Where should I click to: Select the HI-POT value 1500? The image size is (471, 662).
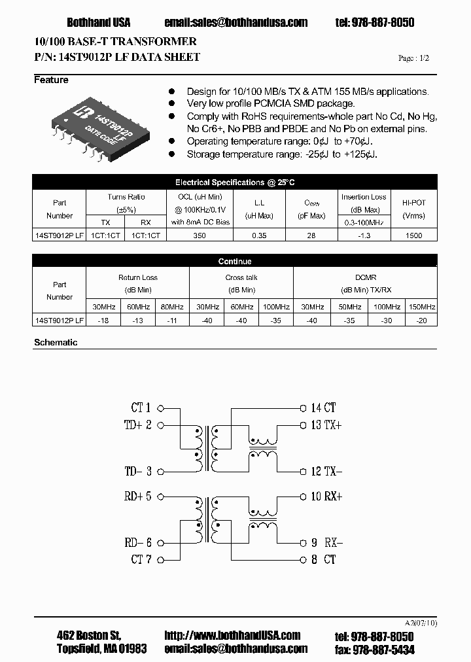click(414, 235)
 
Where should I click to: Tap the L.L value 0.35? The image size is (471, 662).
click(258, 235)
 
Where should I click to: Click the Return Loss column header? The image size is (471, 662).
click(137, 277)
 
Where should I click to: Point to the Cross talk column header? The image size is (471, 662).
click(241, 277)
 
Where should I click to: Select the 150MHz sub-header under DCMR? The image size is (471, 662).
click(422, 307)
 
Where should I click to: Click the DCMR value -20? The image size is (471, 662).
click(422, 321)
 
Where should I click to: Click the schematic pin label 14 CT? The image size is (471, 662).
click(323, 408)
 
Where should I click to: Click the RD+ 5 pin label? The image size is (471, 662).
click(137, 496)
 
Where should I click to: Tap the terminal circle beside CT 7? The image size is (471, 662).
click(161, 559)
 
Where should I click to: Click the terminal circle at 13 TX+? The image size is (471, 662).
click(302, 425)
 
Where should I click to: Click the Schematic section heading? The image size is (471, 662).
click(56, 342)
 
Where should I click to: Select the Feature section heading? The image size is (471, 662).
click(51, 80)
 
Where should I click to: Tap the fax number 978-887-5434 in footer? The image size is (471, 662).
click(383, 649)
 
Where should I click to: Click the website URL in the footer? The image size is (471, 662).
click(232, 635)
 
